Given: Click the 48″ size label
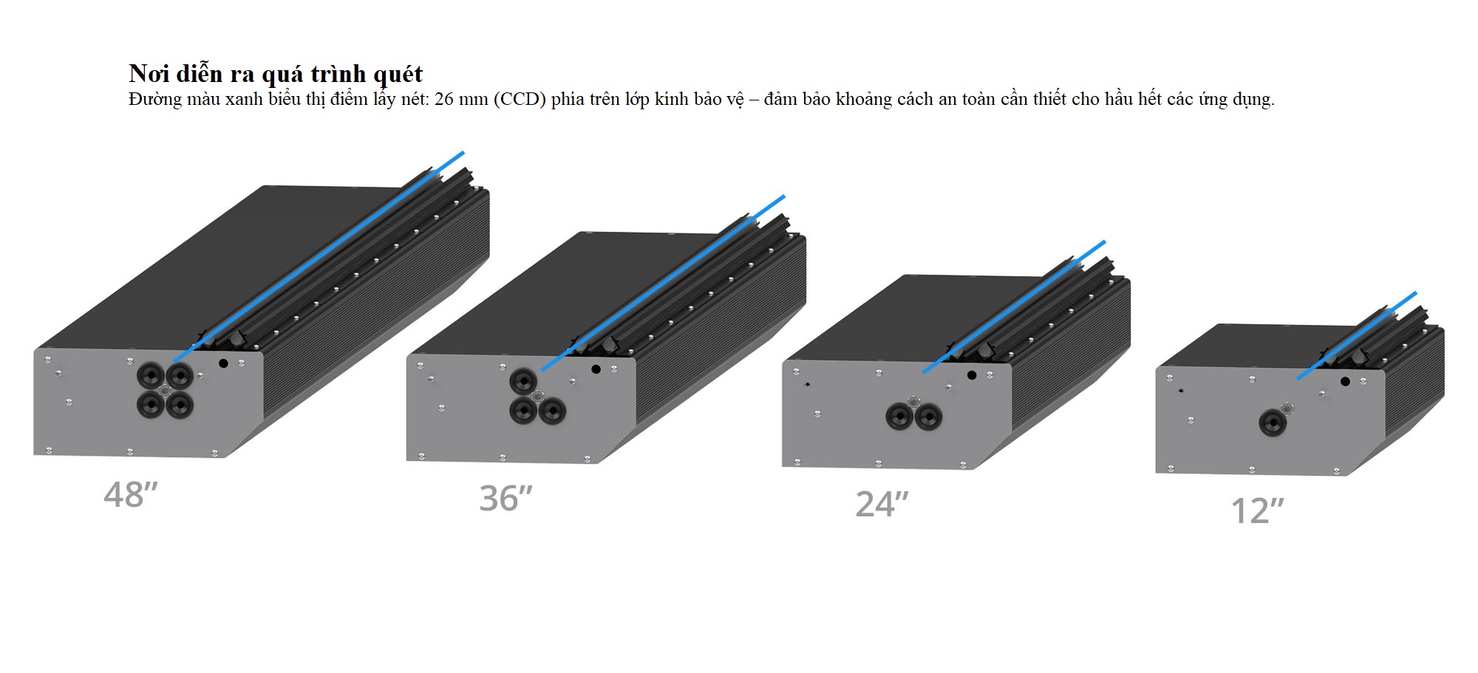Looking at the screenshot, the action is [x=131, y=495].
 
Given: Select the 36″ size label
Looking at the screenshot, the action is [x=506, y=499].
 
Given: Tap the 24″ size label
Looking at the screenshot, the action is [x=882, y=505].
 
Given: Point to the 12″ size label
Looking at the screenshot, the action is [x=1258, y=510].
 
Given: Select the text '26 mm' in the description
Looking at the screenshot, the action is [x=461, y=99].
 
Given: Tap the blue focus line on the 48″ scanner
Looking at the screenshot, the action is [x=319, y=256].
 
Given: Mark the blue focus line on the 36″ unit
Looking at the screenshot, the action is [x=663, y=283].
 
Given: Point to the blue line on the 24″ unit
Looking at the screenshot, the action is [x=1014, y=307].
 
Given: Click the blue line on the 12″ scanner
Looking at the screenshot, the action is [x=1357, y=336].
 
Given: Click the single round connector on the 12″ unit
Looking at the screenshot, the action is [x=1272, y=423].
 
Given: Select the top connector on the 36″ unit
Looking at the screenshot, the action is [x=523, y=381].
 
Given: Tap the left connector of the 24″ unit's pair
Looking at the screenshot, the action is [x=899, y=417].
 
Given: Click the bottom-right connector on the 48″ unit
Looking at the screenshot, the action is [x=179, y=404].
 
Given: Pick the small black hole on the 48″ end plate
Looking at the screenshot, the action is [x=223, y=363].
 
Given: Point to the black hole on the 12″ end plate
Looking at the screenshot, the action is [x=1345, y=382].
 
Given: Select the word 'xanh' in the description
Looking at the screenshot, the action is [x=244, y=99].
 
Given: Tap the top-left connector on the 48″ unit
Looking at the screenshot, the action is [x=151, y=376].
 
